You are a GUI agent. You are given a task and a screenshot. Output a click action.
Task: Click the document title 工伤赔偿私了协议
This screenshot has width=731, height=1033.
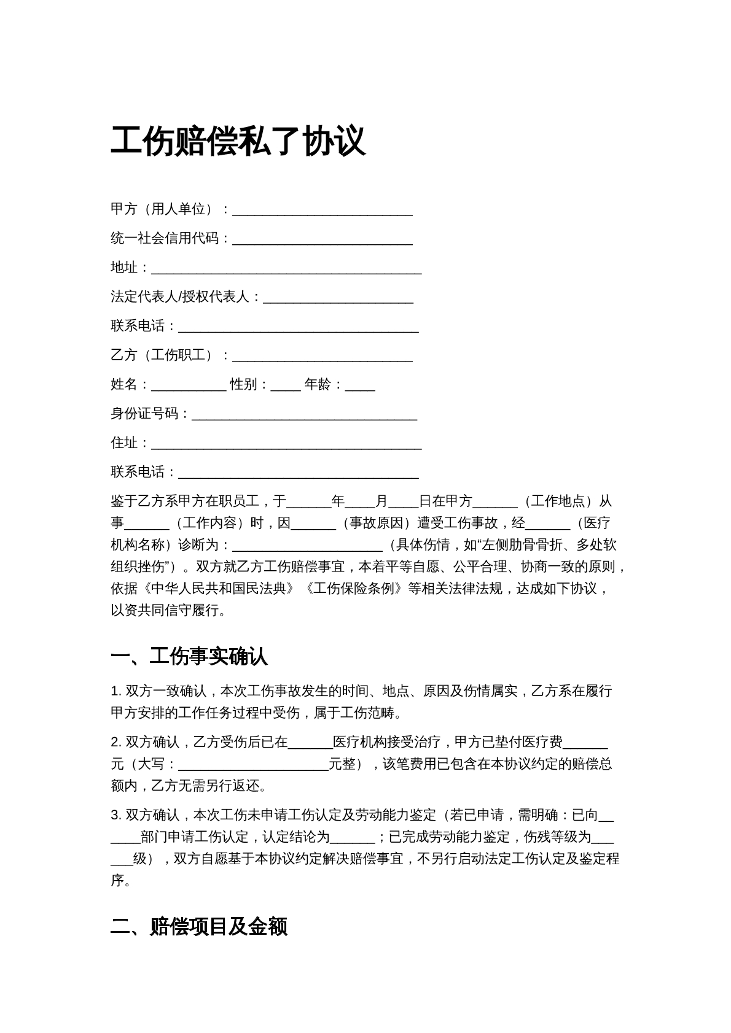(238, 142)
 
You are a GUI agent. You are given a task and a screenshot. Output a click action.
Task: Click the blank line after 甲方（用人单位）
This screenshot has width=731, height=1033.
(322, 211)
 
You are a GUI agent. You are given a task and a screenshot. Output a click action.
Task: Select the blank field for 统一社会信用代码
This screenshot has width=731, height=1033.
(322, 239)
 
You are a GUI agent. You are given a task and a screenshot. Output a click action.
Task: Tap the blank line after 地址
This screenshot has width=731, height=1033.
(286, 269)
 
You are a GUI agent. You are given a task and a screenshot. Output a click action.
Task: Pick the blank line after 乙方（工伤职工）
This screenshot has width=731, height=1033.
(322, 357)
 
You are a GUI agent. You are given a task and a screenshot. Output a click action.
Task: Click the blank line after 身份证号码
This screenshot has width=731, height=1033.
(305, 415)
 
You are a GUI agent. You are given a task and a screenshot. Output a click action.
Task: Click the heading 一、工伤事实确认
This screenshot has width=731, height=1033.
(189, 657)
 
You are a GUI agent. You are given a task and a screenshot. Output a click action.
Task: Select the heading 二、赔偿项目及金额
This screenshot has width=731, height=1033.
(199, 927)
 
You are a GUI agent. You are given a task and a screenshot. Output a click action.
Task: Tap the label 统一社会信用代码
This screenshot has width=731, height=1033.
(165, 238)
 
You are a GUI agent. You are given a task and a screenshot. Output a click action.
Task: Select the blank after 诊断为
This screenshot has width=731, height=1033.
(307, 546)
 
